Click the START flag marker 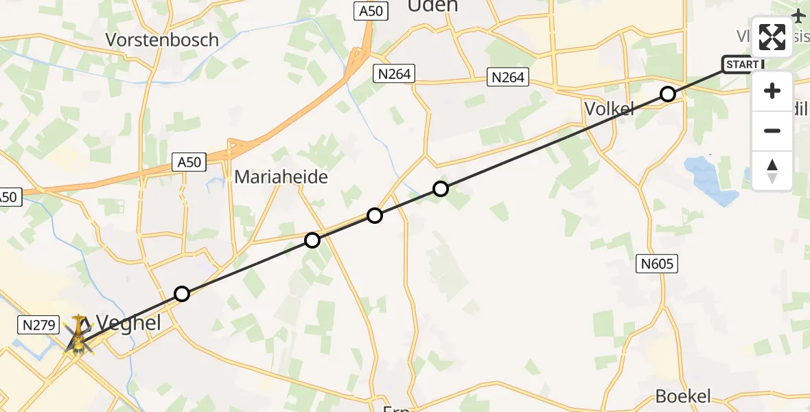coord(742,65)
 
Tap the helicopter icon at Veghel coord(79,336)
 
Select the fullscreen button coord(772,37)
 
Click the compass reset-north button coord(772,171)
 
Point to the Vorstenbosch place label coord(162,40)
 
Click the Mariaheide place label coord(281,176)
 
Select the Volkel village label coord(608,108)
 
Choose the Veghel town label coord(128,322)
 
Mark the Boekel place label coord(683,396)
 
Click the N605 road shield coord(657,263)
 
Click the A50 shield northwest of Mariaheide coord(189,162)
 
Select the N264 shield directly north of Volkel coord(508,77)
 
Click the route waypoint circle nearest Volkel coord(668,94)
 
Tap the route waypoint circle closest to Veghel coord(181,294)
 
